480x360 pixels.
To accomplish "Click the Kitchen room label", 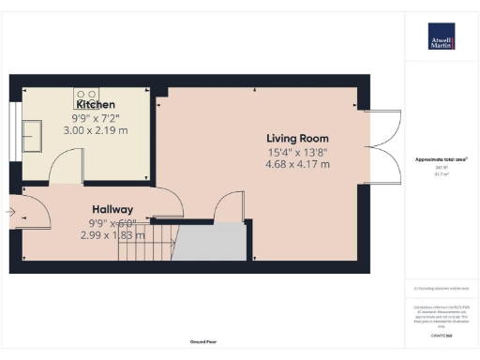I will pyautogui.click(x=97, y=106).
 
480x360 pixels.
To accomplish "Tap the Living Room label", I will pyautogui.click(x=297, y=137).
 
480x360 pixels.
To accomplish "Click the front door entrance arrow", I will pyautogui.click(x=10, y=214).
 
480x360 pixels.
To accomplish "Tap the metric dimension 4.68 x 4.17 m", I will pyautogui.click(x=297, y=164).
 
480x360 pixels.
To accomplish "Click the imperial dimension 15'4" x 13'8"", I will pyautogui.click(x=297, y=151).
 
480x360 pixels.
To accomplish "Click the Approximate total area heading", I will pyautogui.click(x=441, y=160).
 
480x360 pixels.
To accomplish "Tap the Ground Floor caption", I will pyautogui.click(x=202, y=343).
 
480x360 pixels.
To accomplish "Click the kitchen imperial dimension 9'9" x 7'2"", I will pyautogui.click(x=97, y=120).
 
